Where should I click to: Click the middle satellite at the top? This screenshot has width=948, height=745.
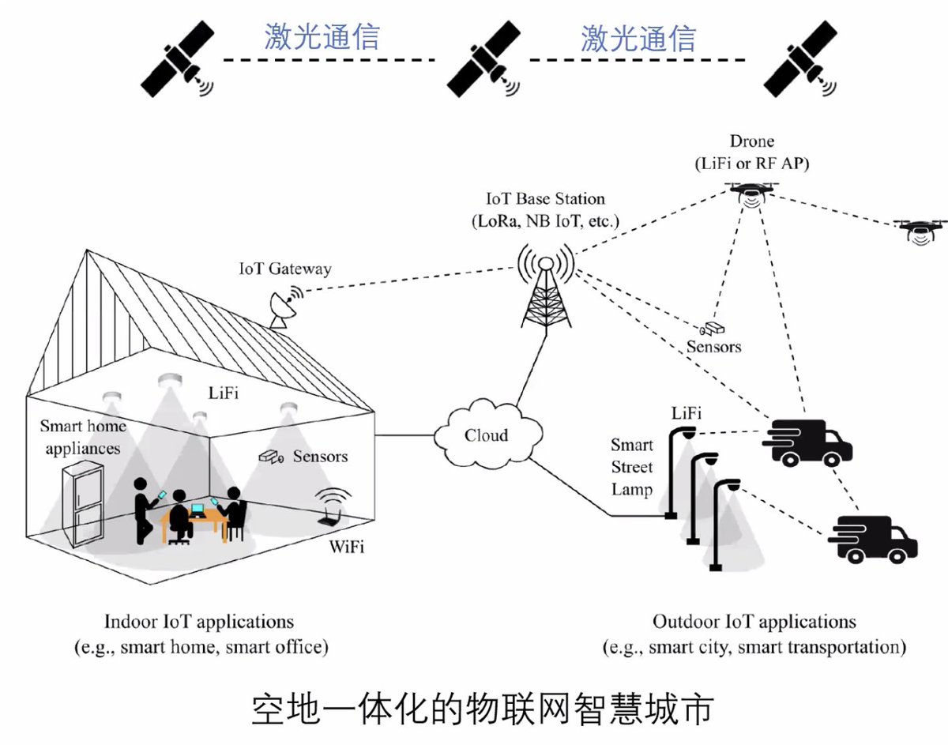pyautogui.click(x=483, y=58)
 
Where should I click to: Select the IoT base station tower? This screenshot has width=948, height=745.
pyautogui.click(x=546, y=288)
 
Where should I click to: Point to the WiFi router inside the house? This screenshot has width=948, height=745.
pyautogui.click(x=333, y=506)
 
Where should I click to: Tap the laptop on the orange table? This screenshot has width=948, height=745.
pyautogui.click(x=198, y=510)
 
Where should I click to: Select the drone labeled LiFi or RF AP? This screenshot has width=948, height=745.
pyautogui.click(x=751, y=194)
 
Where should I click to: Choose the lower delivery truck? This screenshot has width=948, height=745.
pyautogui.click(x=872, y=539)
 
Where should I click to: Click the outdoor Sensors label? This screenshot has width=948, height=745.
pyautogui.click(x=713, y=347)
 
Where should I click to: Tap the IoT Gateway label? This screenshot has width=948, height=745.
pyautogui.click(x=285, y=269)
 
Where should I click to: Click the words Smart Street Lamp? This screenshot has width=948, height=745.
pyautogui.click(x=632, y=467)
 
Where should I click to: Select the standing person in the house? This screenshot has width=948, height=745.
pyautogui.click(x=142, y=510)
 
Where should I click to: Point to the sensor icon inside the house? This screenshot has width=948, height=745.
pyautogui.click(x=271, y=457)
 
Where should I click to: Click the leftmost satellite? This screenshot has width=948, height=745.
pyautogui.click(x=177, y=58)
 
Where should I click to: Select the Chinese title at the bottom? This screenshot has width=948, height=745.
pyautogui.click(x=483, y=710)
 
